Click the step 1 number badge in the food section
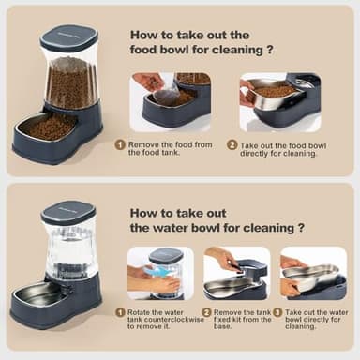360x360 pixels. (120, 145)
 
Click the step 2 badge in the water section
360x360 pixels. (206, 311)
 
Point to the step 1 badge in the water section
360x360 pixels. (120, 311)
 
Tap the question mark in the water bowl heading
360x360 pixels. (300, 227)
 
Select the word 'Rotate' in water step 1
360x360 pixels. (141, 311)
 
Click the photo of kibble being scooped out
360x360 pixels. (170, 101)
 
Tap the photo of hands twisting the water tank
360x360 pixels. (160, 273)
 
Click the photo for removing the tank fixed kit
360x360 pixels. (235, 273)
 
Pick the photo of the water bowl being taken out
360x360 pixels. (312, 273)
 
